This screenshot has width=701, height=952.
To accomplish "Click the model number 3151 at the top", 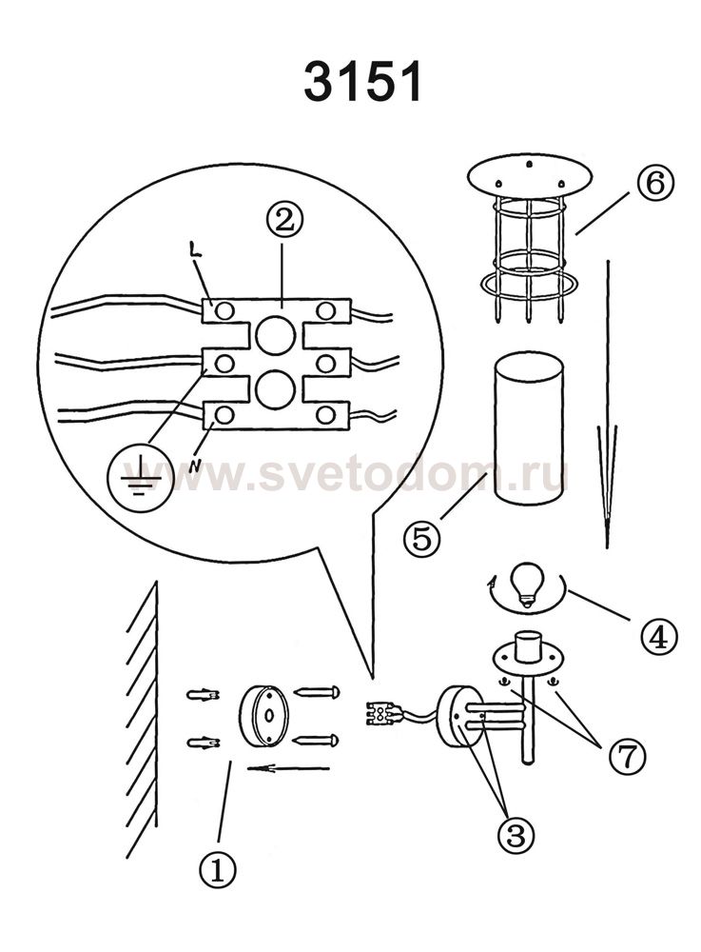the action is coord(362,82).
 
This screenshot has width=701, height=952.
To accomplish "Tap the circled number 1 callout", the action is coord(217,871).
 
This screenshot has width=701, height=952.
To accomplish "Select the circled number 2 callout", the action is coord(283,222).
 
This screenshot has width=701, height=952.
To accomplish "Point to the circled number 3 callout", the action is coord(516,836).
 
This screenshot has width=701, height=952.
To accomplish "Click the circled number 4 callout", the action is coord(658,636).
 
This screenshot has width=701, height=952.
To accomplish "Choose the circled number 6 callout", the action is coord(655,183).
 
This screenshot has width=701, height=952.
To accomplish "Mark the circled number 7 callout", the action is coord(628,757).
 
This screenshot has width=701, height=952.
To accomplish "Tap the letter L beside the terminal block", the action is coord(195,250).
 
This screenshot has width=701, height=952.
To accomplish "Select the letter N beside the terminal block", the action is coord(195,466).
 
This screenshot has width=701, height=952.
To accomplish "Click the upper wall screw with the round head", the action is coord(317,691).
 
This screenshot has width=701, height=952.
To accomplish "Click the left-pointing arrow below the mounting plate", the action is coord(288,768).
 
